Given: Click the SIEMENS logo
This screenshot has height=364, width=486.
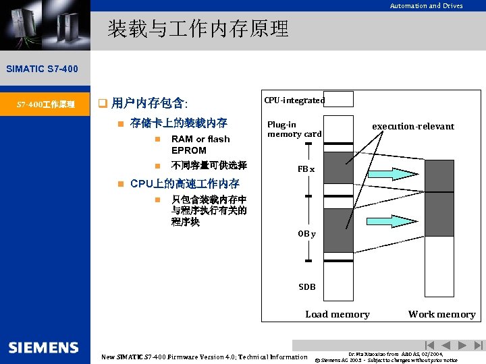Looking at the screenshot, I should click(x=44, y=347).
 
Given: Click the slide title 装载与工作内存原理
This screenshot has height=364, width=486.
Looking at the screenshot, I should click(x=198, y=28).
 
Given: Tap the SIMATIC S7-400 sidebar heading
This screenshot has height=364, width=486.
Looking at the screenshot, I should click(x=42, y=69).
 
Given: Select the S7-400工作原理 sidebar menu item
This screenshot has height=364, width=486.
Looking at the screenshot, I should click(x=45, y=104).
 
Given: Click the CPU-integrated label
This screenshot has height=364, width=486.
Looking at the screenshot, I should click(x=294, y=100).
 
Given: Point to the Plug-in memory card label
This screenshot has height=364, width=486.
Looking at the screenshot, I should click(x=294, y=129).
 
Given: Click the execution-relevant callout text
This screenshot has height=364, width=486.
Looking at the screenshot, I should click(x=413, y=126).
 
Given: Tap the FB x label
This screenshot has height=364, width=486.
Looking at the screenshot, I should click(x=306, y=169).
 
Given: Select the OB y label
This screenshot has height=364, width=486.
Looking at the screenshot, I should click(x=307, y=234).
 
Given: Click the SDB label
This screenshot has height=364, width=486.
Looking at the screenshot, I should click(x=307, y=286).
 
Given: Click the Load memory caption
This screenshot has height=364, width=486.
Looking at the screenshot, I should click(x=337, y=314).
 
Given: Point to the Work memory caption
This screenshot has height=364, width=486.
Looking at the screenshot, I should click(x=441, y=314).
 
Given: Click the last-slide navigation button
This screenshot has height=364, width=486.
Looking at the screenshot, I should click(x=479, y=345).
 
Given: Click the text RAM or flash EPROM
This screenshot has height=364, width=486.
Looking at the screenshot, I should click(x=200, y=144).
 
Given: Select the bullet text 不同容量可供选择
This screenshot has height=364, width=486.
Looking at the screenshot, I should click(x=209, y=165).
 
